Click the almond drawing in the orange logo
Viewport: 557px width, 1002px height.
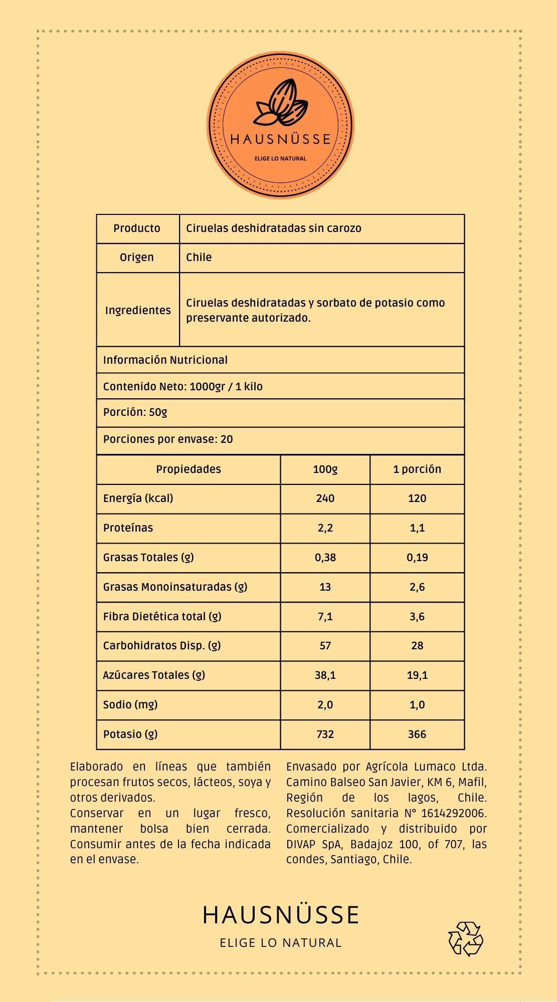pyautogui.click(x=281, y=103)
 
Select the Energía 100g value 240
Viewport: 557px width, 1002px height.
pyautogui.click(x=325, y=498)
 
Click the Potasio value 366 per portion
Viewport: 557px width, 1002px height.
pyautogui.click(x=417, y=734)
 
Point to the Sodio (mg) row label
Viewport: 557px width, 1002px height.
pyautogui.click(x=130, y=705)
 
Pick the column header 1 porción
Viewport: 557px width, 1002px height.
pyautogui.click(x=417, y=469)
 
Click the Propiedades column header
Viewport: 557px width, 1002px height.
pyautogui.click(x=188, y=469)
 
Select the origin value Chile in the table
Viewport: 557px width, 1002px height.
pyautogui.click(x=199, y=258)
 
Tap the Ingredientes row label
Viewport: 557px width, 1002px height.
pyautogui.click(x=138, y=311)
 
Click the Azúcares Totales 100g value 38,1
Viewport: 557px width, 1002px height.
pyautogui.click(x=325, y=675)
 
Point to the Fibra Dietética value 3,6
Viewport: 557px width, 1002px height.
pyautogui.click(x=417, y=617)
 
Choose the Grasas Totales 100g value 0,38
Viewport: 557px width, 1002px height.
pyautogui.click(x=325, y=558)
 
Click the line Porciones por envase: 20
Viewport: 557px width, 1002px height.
pyautogui.click(x=168, y=439)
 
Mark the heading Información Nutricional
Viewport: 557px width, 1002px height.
pyautogui.click(x=165, y=360)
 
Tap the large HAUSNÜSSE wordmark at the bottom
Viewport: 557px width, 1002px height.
pyautogui.click(x=281, y=915)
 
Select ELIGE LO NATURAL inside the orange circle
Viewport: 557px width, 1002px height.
pyautogui.click(x=280, y=158)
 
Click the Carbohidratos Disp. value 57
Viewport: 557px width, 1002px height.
pyautogui.click(x=325, y=646)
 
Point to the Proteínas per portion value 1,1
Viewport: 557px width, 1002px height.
pyautogui.click(x=417, y=528)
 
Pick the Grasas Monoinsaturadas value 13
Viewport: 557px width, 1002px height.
pyautogui.click(x=325, y=587)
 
